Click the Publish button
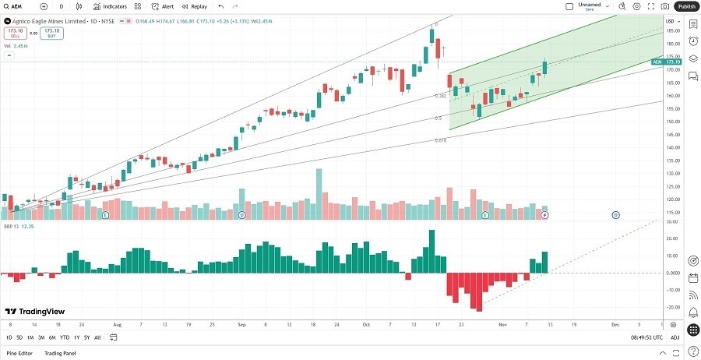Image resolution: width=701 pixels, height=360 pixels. [686, 6]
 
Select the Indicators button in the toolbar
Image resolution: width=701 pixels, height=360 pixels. [110, 6]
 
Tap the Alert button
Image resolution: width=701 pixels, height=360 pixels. [163, 6]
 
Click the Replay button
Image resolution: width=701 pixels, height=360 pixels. [195, 6]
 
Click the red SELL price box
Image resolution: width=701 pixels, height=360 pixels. [15, 34]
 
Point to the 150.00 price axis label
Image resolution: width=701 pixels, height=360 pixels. [671, 122]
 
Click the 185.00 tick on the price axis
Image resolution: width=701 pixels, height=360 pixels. [671, 31]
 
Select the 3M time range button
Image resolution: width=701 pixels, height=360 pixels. [41, 337]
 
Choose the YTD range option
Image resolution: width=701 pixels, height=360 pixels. [65, 337]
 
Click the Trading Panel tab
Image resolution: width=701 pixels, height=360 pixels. [60, 354]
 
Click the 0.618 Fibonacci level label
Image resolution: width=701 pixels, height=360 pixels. [440, 141]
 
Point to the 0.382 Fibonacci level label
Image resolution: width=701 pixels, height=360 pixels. [440, 97]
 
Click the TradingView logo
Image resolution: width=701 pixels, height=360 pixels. [35, 311]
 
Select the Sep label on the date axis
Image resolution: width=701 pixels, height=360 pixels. [241, 323]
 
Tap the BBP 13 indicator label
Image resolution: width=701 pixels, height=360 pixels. [12, 227]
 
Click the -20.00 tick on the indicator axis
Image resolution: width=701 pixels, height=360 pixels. [671, 307]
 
